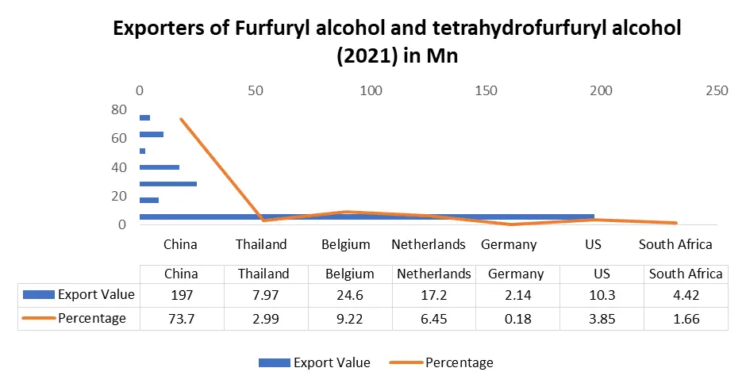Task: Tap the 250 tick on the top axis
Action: pyautogui.click(x=717, y=91)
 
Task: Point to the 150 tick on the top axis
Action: pyautogui.click(x=486, y=91)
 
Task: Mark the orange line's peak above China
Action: pyautogui.click(x=181, y=120)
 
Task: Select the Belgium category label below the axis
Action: pyautogui.click(x=346, y=244)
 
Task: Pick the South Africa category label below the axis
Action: pyautogui.click(x=675, y=244)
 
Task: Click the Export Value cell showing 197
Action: pyautogui.click(x=180, y=296)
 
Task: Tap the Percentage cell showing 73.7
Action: pyautogui.click(x=180, y=318)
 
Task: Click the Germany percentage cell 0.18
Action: pyautogui.click(x=516, y=318)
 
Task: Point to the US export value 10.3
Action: pyautogui.click(x=601, y=296)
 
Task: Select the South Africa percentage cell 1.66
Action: pyautogui.click(x=686, y=318)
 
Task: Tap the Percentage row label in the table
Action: pyautogui.click(x=91, y=318)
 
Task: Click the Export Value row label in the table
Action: pyautogui.click(x=95, y=296)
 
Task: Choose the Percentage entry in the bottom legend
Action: pyautogui.click(x=459, y=362)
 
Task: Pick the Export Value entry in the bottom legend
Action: pyautogui.click(x=331, y=362)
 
